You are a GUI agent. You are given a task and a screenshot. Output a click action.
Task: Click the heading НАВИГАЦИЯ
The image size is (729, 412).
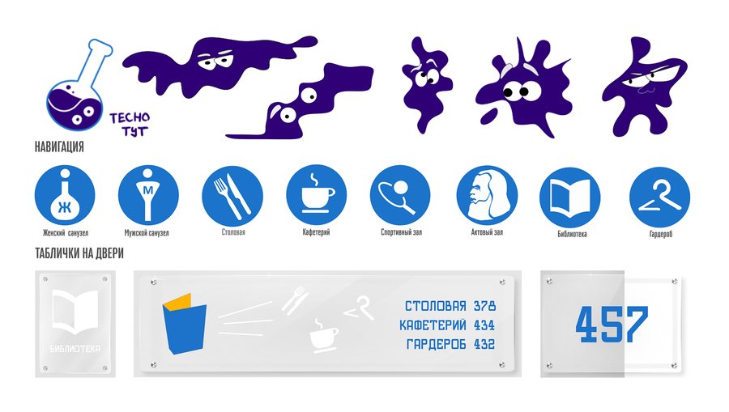click(x=59, y=147)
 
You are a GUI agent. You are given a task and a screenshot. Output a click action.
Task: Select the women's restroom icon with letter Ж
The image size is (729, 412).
click(x=65, y=195)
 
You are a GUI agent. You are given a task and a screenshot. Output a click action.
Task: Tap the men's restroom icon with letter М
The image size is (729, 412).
click(x=148, y=195)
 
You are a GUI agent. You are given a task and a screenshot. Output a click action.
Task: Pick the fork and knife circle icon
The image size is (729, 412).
click(x=232, y=195)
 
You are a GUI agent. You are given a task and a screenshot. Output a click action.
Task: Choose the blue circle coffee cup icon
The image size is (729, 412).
click(x=316, y=195)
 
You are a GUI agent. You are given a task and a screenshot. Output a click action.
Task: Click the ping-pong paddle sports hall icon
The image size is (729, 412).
click(x=400, y=195)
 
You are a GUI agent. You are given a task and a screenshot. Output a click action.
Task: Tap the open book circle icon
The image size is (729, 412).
click(x=570, y=198)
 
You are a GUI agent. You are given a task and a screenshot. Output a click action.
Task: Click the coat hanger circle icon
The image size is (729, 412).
click(x=659, y=198)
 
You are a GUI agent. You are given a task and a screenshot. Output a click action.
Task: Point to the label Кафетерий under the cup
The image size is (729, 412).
click(x=316, y=231)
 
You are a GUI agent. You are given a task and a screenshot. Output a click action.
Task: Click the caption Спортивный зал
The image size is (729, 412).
click(x=401, y=231)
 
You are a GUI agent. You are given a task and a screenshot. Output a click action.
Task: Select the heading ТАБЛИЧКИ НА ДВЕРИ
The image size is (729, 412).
click(x=79, y=253)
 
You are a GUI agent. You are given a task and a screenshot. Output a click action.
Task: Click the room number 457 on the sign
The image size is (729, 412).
click(x=612, y=325)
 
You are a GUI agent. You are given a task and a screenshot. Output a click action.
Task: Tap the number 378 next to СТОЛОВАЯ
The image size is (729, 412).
click(x=485, y=306)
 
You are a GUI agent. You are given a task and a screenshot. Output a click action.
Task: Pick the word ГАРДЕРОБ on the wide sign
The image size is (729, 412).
click(x=436, y=344)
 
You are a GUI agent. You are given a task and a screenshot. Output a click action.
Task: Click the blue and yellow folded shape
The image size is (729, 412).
click(x=185, y=323)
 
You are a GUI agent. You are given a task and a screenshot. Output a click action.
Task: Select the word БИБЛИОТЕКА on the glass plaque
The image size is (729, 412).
click(x=75, y=348)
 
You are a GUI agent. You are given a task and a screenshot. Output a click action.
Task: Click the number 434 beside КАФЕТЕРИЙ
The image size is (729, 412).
click(x=484, y=325)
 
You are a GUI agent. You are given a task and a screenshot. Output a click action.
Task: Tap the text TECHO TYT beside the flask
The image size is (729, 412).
click(x=130, y=125)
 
